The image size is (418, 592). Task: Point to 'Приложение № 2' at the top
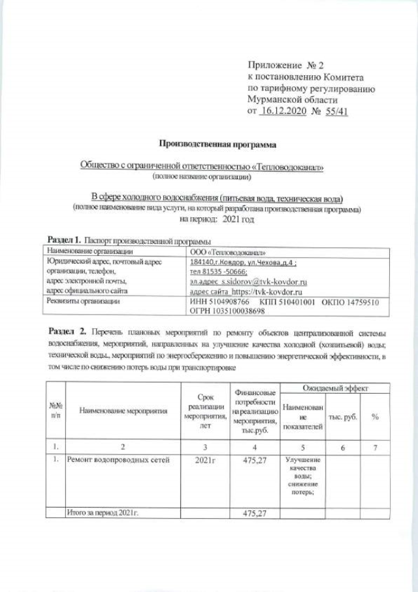[x=286, y=65]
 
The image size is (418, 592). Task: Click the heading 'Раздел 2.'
[x=65, y=327]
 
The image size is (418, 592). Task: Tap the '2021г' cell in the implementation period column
[x=204, y=460]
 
